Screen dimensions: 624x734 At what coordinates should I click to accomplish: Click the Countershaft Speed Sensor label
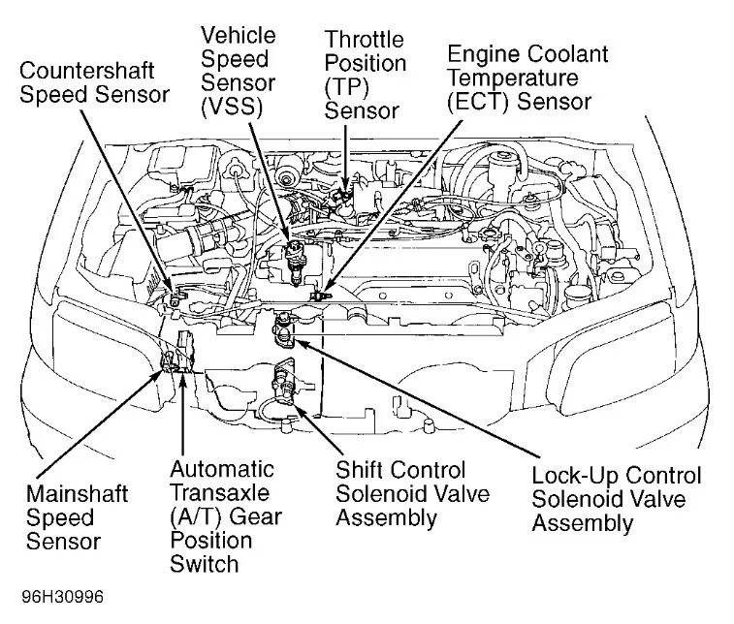pos(94,82)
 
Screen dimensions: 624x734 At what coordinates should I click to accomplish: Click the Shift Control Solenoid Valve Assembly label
pos(412,493)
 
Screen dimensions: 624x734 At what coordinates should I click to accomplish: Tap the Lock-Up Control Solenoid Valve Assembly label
pos(616,500)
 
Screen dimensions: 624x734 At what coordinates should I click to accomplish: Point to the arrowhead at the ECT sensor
pos(324,287)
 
